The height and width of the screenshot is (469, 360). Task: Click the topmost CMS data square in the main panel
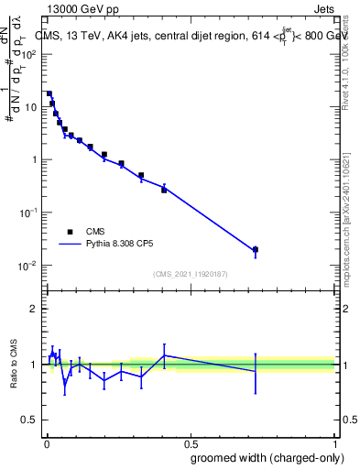point(49,93)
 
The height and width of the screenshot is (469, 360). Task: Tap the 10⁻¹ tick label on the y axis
point(30,213)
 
